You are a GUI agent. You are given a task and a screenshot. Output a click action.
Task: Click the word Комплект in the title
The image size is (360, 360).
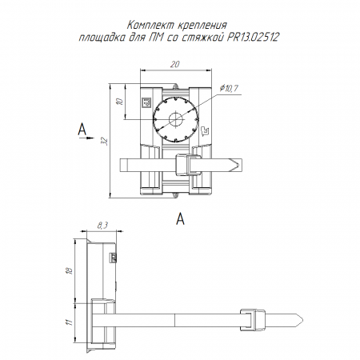click(x=150, y=26)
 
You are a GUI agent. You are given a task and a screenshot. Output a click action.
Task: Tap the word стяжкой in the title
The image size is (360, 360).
click(x=202, y=37)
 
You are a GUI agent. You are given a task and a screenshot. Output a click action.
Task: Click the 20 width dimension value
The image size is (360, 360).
click(x=175, y=64)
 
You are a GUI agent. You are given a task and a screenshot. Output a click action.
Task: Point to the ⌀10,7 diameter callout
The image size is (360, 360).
click(x=229, y=88)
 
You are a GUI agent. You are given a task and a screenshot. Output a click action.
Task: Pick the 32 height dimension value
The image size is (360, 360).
click(x=106, y=141)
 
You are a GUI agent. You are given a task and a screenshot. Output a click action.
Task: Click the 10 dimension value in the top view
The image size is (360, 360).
click(x=120, y=102)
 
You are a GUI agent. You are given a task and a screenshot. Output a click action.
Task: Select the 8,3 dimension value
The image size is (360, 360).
click(x=102, y=226)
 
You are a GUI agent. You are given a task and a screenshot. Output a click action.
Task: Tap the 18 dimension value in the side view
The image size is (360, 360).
click(x=70, y=271)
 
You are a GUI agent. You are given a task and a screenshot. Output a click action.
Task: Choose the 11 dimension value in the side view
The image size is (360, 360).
click(x=70, y=322)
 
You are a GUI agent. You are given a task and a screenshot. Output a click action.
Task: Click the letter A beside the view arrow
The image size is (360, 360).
click(x=82, y=129)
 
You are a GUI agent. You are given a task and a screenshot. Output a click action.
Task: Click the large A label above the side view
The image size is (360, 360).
click(x=181, y=219)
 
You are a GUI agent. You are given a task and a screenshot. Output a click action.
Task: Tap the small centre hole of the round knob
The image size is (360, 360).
click(x=176, y=119)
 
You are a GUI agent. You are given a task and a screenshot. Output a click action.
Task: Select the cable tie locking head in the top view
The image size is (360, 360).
click(x=182, y=166)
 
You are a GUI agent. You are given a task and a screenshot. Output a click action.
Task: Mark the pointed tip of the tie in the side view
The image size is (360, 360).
click(x=303, y=320)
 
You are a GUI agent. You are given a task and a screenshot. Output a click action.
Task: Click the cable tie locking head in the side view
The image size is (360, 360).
click(x=253, y=320)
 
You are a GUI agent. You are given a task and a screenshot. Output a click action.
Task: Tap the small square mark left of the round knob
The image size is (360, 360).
click(x=146, y=102)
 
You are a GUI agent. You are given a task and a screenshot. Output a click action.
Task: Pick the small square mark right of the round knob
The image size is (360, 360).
click(x=205, y=130)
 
